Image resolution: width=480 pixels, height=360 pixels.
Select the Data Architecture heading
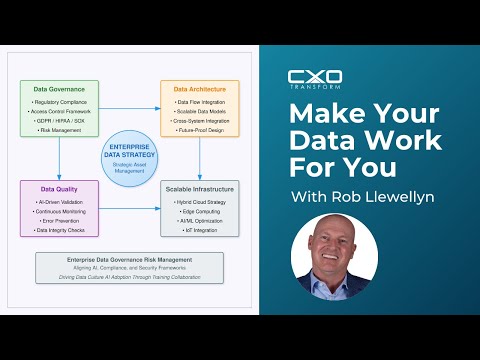200,89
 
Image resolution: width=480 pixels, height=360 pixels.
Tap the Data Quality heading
59,188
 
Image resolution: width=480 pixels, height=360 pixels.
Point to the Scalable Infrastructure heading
200,188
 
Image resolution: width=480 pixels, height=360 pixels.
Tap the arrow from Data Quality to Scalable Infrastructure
130,208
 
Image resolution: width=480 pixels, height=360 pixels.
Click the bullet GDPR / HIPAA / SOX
59,120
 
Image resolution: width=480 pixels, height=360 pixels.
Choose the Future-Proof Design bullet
200,130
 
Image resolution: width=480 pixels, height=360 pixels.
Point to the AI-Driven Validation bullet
59,201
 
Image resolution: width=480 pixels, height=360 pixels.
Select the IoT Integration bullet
200,230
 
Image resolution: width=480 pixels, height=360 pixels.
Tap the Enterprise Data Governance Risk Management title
130,259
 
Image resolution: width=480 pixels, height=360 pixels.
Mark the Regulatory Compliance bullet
59,101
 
